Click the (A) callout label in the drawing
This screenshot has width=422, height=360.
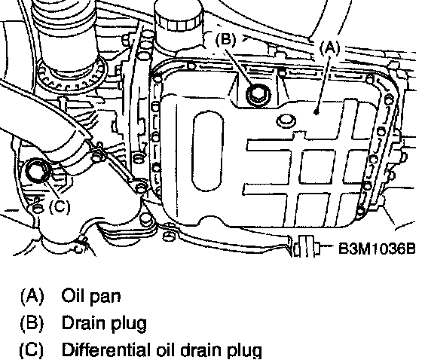pyautogui.click(x=329, y=47)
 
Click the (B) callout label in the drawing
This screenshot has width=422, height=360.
pyautogui.click(x=225, y=39)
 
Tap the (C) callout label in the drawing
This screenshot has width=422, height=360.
pyautogui.click(x=60, y=206)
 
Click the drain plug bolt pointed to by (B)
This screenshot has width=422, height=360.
pyautogui.click(x=258, y=94)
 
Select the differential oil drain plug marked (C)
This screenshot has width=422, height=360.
pyautogui.click(x=38, y=171)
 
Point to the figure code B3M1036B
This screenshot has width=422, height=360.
pyautogui.click(x=377, y=248)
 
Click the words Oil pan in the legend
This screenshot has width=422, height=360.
pyautogui.click(x=91, y=297)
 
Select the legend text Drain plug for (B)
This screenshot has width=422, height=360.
pyautogui.click(x=105, y=322)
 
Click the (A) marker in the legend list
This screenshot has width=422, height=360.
pyautogui.click(x=32, y=296)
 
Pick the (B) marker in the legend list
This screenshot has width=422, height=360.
pyautogui.click(x=32, y=322)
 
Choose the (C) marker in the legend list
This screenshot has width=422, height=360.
pyautogui.click(x=32, y=349)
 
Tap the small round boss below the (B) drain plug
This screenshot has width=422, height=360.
pyautogui.click(x=286, y=121)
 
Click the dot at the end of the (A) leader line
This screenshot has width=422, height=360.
pyautogui.click(x=316, y=112)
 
